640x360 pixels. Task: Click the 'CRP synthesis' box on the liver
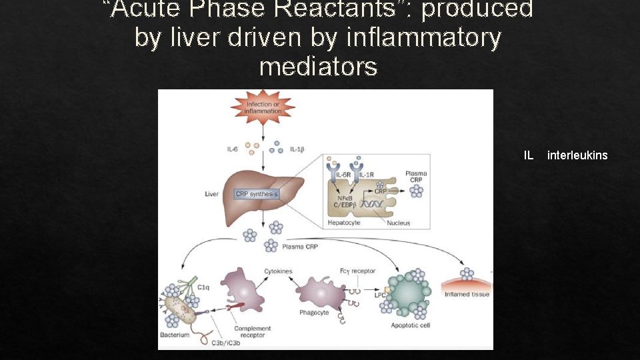[x=257, y=194]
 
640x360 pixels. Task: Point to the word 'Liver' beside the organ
[x=211, y=194]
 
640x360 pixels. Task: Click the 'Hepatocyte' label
[x=344, y=223]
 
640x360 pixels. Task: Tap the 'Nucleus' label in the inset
[x=399, y=223]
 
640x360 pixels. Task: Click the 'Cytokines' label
[x=278, y=271]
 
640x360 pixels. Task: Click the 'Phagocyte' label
[x=313, y=313]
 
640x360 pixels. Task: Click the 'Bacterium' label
[x=175, y=335]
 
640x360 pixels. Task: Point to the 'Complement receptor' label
[x=253, y=332]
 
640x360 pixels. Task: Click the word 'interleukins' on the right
[x=577, y=155]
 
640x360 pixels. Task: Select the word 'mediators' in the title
[x=318, y=67]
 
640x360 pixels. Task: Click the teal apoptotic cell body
[x=411, y=292]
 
